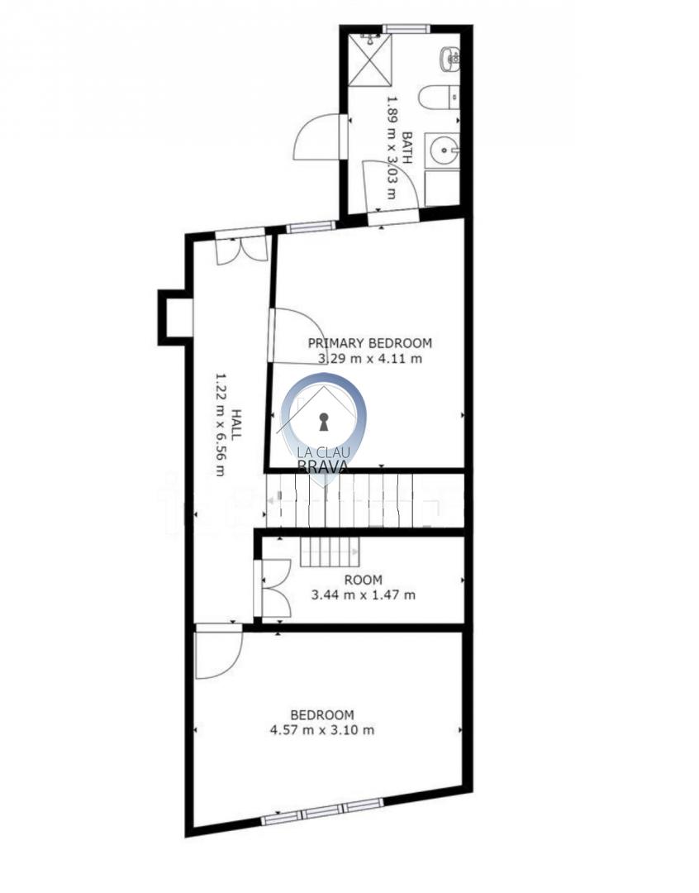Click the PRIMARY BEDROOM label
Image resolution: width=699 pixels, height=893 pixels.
[x=370, y=343]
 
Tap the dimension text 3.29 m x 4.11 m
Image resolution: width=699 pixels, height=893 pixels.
[x=370, y=359]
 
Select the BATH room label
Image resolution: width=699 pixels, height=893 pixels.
[x=407, y=147]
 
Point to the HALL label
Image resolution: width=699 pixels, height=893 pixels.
[x=235, y=423]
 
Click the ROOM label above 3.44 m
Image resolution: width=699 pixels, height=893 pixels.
[x=364, y=580]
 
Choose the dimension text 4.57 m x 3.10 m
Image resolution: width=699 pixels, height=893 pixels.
[x=322, y=729]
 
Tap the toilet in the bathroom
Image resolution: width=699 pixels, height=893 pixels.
[x=438, y=98]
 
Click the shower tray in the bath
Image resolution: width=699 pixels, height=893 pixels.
[x=370, y=60]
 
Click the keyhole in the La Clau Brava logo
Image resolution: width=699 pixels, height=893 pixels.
[x=324, y=422]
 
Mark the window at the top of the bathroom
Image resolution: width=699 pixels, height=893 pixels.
[x=406, y=29]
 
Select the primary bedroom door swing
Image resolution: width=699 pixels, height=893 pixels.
[x=297, y=336]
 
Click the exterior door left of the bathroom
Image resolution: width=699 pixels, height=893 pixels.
[x=320, y=137]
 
